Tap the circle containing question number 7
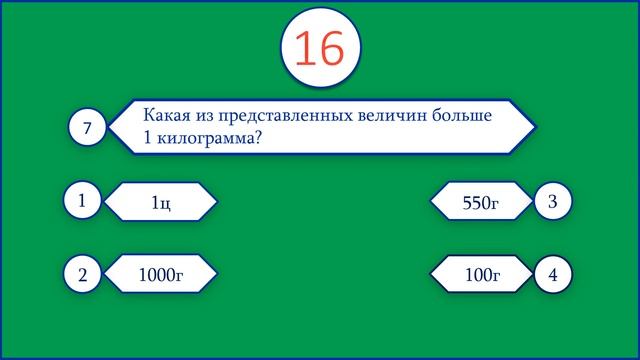[87, 128]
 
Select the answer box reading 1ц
[161, 203]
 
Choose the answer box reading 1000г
[161, 273]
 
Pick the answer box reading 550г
[481, 203]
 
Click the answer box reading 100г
[481, 273]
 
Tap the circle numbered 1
[81, 201]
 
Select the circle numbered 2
[81, 273]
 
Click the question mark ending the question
[258, 139]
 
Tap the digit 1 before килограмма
[148, 139]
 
